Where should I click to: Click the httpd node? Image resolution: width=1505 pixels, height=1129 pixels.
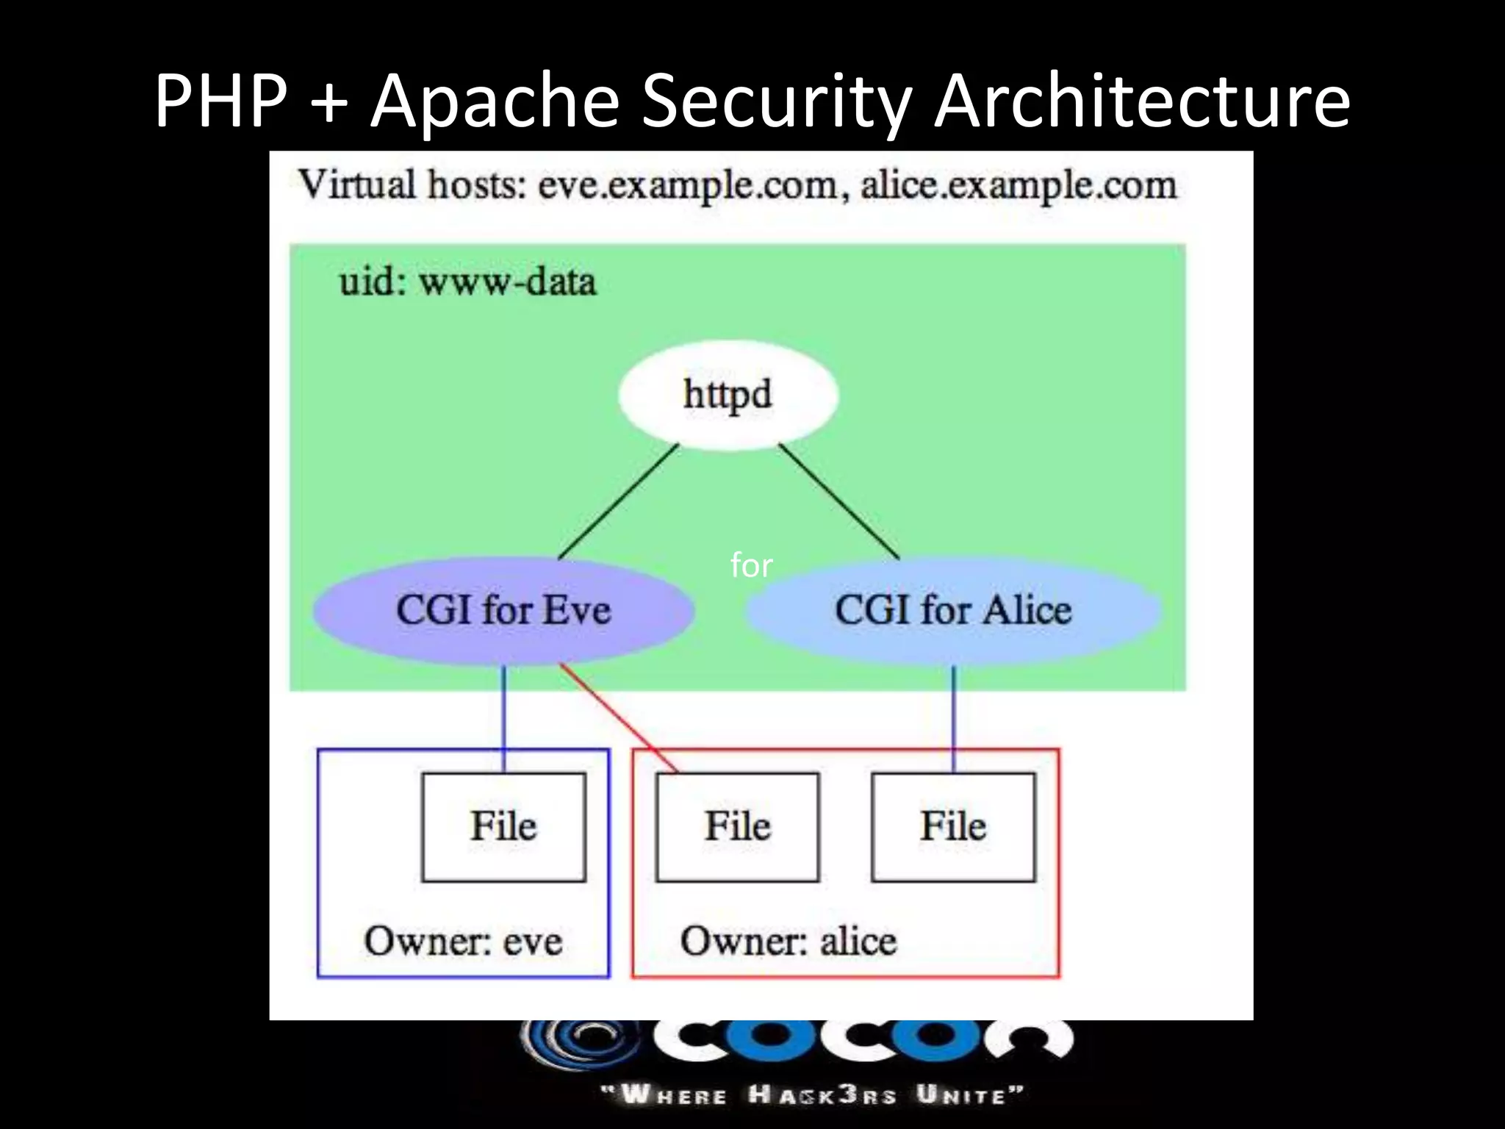coord(728,395)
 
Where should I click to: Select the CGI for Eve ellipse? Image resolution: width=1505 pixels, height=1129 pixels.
coord(503,610)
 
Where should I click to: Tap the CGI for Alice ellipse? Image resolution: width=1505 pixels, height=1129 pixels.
coord(953,610)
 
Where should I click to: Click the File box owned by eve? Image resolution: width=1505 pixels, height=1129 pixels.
coord(503,826)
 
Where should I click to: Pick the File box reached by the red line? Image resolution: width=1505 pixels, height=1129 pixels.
coord(737,826)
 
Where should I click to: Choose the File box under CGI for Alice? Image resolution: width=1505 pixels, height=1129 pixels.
coord(953,826)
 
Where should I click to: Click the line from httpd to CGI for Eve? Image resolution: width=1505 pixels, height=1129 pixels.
coord(617,502)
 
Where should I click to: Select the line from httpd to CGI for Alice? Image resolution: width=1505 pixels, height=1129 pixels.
coord(839,502)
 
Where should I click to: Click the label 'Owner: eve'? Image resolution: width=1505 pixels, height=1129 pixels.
coord(463,941)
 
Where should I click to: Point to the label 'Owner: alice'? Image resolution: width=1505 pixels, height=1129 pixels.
coord(789,941)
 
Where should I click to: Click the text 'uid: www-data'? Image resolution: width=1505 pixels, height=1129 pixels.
coord(467,282)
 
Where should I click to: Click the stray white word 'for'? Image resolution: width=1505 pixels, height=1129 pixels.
coord(751,565)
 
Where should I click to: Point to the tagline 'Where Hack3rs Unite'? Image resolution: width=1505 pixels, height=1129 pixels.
coord(812,1095)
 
